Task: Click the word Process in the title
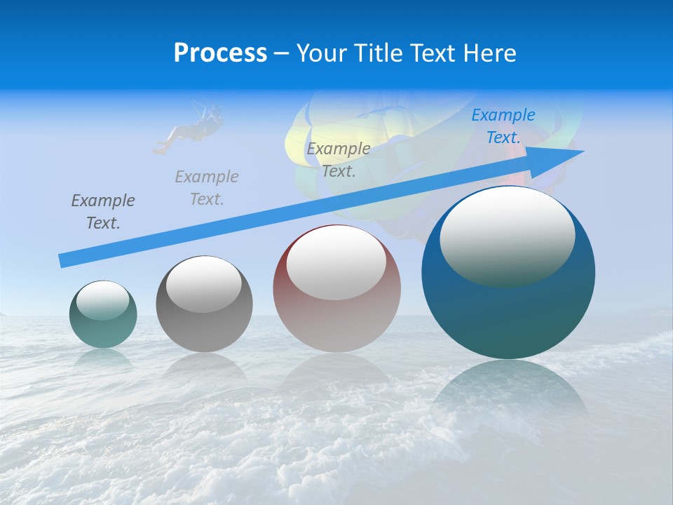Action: [220, 53]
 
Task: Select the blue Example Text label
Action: [503, 126]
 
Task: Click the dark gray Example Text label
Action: [103, 212]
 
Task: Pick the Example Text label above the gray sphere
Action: [207, 188]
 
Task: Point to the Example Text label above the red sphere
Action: [339, 160]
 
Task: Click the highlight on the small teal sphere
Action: [103, 300]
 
